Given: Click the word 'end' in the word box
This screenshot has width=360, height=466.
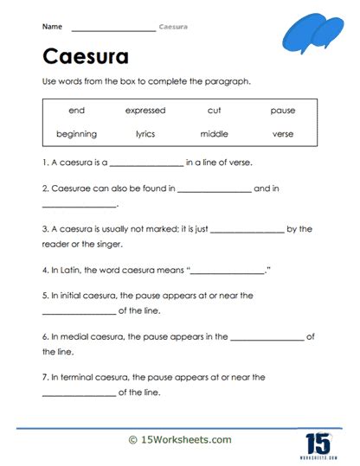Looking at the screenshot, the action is [76, 111].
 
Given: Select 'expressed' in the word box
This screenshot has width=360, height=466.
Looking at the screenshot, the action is [145, 111].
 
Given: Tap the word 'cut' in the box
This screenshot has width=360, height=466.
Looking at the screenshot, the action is [214, 111].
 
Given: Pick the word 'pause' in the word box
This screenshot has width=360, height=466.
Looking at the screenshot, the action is [283, 111].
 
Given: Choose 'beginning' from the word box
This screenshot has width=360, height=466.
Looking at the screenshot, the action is [76, 134].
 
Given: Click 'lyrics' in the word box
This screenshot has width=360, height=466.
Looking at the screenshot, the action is [145, 134].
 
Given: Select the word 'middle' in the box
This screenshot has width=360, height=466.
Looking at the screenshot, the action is [214, 134].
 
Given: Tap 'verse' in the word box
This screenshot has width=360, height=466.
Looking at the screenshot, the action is [283, 134].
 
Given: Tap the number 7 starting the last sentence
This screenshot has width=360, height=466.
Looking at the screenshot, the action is [44, 377].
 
